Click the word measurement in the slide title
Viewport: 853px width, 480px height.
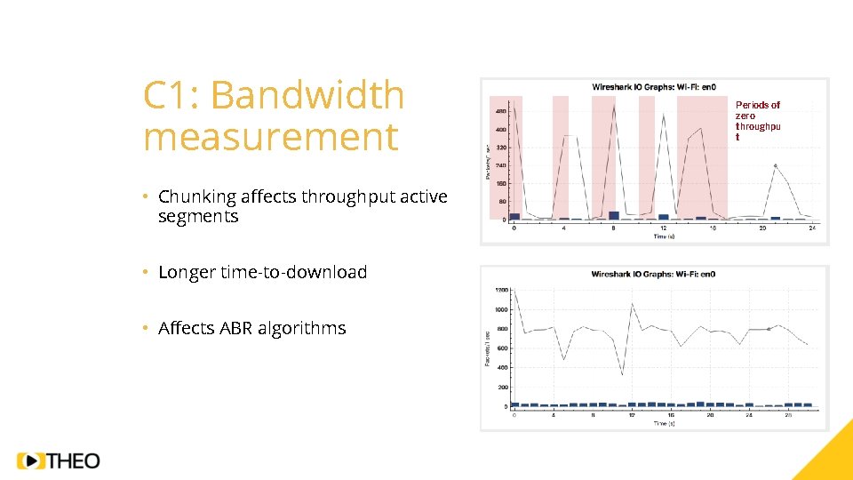click(x=270, y=138)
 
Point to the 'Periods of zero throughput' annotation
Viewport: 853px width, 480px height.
click(x=758, y=121)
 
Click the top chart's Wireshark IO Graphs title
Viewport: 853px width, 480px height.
click(x=655, y=87)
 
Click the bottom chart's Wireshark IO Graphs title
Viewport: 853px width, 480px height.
click(x=653, y=274)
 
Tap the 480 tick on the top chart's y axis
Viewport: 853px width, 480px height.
click(x=500, y=111)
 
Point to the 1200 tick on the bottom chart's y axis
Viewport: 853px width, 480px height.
click(x=502, y=290)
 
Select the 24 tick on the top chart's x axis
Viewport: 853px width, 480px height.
click(x=812, y=228)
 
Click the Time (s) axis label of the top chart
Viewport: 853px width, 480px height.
click(x=664, y=236)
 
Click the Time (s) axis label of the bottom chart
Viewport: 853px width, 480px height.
click(x=664, y=423)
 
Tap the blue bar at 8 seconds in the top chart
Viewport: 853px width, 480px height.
click(x=614, y=215)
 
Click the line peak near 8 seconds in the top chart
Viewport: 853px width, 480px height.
click(x=614, y=107)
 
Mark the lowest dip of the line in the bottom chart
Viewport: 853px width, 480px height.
click(x=622, y=374)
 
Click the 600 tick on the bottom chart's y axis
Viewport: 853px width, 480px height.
click(x=502, y=348)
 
